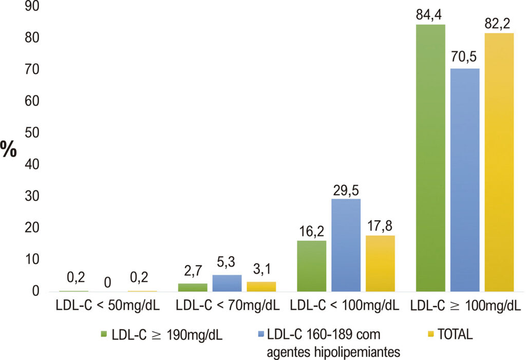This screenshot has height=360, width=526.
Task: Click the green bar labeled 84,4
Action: coord(430,158)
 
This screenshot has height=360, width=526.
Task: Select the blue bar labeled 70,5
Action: coord(464,180)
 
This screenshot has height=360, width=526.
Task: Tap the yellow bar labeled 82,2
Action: coord(499,162)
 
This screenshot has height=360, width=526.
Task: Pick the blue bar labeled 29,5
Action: coord(346,245)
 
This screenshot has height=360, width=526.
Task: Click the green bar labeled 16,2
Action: coord(312,266)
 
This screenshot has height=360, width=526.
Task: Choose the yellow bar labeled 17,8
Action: coord(380,263)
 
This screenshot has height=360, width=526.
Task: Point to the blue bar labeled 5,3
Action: coord(227,283)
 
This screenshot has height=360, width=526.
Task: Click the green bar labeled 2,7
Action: coord(193,287)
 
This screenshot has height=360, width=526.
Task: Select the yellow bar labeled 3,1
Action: coord(261,287)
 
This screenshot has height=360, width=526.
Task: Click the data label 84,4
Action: coord(429,15)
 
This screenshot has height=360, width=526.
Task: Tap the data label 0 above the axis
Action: coord(107,282)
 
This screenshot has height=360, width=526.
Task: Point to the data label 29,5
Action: coord(346,190)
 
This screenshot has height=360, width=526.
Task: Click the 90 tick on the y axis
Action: coord(32,6)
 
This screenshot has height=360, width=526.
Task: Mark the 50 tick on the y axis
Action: coord(32,133)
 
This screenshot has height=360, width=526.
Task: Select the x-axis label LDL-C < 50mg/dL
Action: coord(108,306)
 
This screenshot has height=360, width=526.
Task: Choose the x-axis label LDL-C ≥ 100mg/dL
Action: coord(465,306)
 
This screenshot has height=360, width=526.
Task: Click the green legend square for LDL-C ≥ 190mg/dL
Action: coord(104,334)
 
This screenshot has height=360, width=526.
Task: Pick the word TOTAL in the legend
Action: coord(455,334)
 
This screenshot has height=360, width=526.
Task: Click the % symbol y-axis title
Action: coord(9,149)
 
